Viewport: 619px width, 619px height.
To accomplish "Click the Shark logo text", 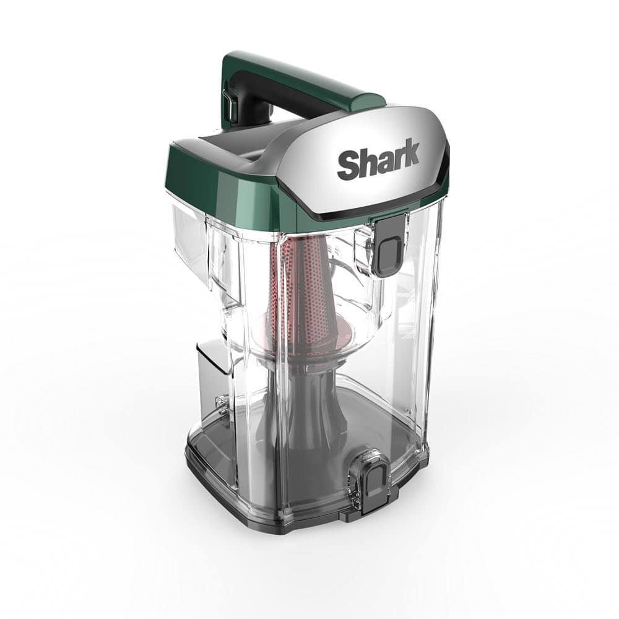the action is [x=378, y=159].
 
